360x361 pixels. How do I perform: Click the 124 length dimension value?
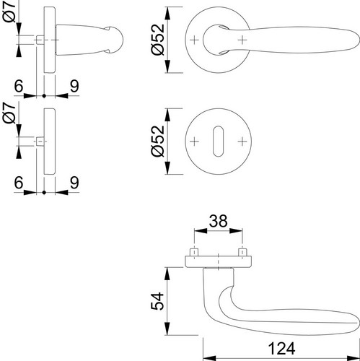point(281,349)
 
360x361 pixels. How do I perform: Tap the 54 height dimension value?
point(157,301)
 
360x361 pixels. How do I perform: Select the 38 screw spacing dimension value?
point(218,221)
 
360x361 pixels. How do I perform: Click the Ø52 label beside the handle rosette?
point(158,40)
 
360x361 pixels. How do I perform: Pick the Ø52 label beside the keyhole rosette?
point(158,141)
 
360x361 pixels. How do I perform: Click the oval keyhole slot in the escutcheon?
point(218,142)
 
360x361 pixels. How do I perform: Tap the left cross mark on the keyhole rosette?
point(194,142)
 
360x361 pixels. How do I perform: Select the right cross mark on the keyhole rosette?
point(242,142)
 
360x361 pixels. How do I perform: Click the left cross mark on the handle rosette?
point(194,40)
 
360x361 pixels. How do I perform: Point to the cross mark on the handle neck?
point(242,40)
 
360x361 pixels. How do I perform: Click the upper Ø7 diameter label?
point(9,12)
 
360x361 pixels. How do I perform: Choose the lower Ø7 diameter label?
point(9,113)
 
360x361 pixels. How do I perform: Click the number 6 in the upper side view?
point(19,86)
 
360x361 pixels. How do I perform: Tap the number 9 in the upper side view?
point(74,86)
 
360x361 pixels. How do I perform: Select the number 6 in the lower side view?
point(19,183)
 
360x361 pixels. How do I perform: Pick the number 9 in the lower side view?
point(74,183)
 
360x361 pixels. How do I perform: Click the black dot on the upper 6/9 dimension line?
point(44,96)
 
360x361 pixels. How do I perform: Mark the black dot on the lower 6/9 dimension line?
point(44,193)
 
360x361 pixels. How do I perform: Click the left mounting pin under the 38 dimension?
point(194,252)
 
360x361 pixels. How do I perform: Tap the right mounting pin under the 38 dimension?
point(242,252)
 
